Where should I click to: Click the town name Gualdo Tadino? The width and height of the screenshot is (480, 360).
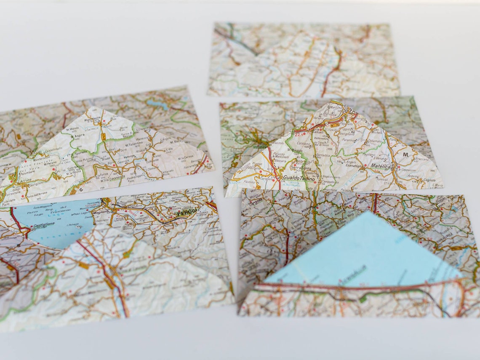point(299,178)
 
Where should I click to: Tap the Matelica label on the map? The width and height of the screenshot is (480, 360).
point(381,167)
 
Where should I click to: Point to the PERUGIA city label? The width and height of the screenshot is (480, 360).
point(187,213)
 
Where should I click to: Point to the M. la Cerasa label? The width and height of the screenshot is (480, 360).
point(187,156)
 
